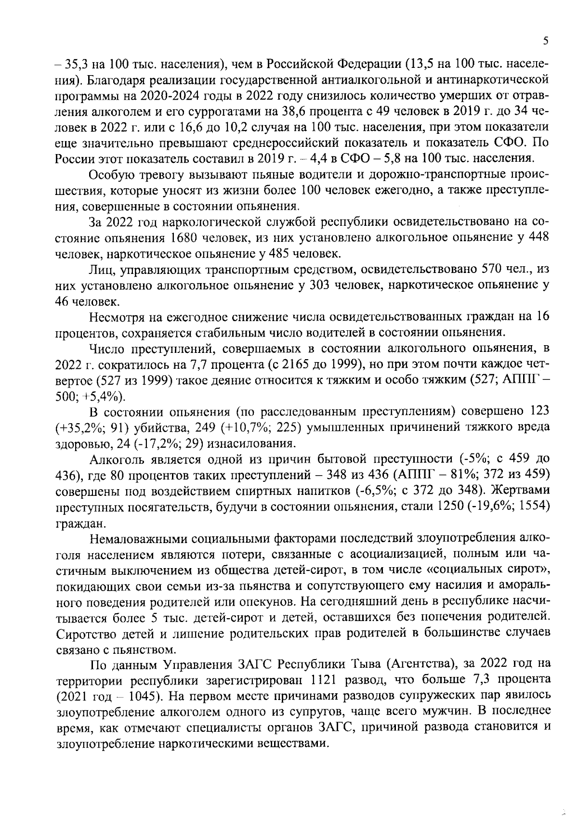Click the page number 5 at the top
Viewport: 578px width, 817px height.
tap(545, 41)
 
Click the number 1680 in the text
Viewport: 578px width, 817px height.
tap(184, 238)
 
